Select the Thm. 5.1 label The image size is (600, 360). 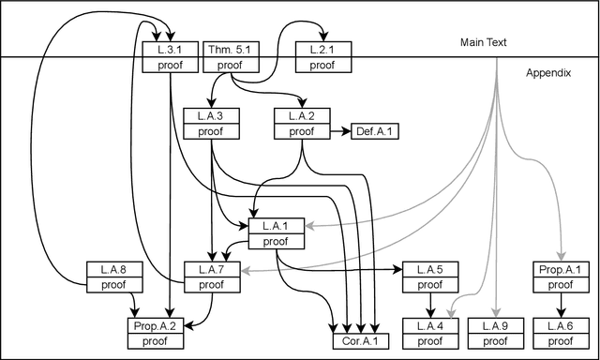(x=228, y=50)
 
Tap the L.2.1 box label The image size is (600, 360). (x=322, y=50)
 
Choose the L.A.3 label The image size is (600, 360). (x=210, y=116)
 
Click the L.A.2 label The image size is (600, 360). (x=302, y=116)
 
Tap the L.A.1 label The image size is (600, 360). (x=276, y=225)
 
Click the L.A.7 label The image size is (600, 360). (x=210, y=269)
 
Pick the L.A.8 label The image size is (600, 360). (x=112, y=269)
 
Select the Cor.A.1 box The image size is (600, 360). (x=360, y=341)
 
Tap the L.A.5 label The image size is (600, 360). (x=429, y=269)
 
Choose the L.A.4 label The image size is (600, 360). (x=429, y=326)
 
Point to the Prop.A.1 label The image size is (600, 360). (x=562, y=269)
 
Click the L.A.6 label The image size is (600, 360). (x=562, y=326)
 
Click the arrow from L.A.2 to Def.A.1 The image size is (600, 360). (x=338, y=131)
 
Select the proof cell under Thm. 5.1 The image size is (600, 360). (x=228, y=65)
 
